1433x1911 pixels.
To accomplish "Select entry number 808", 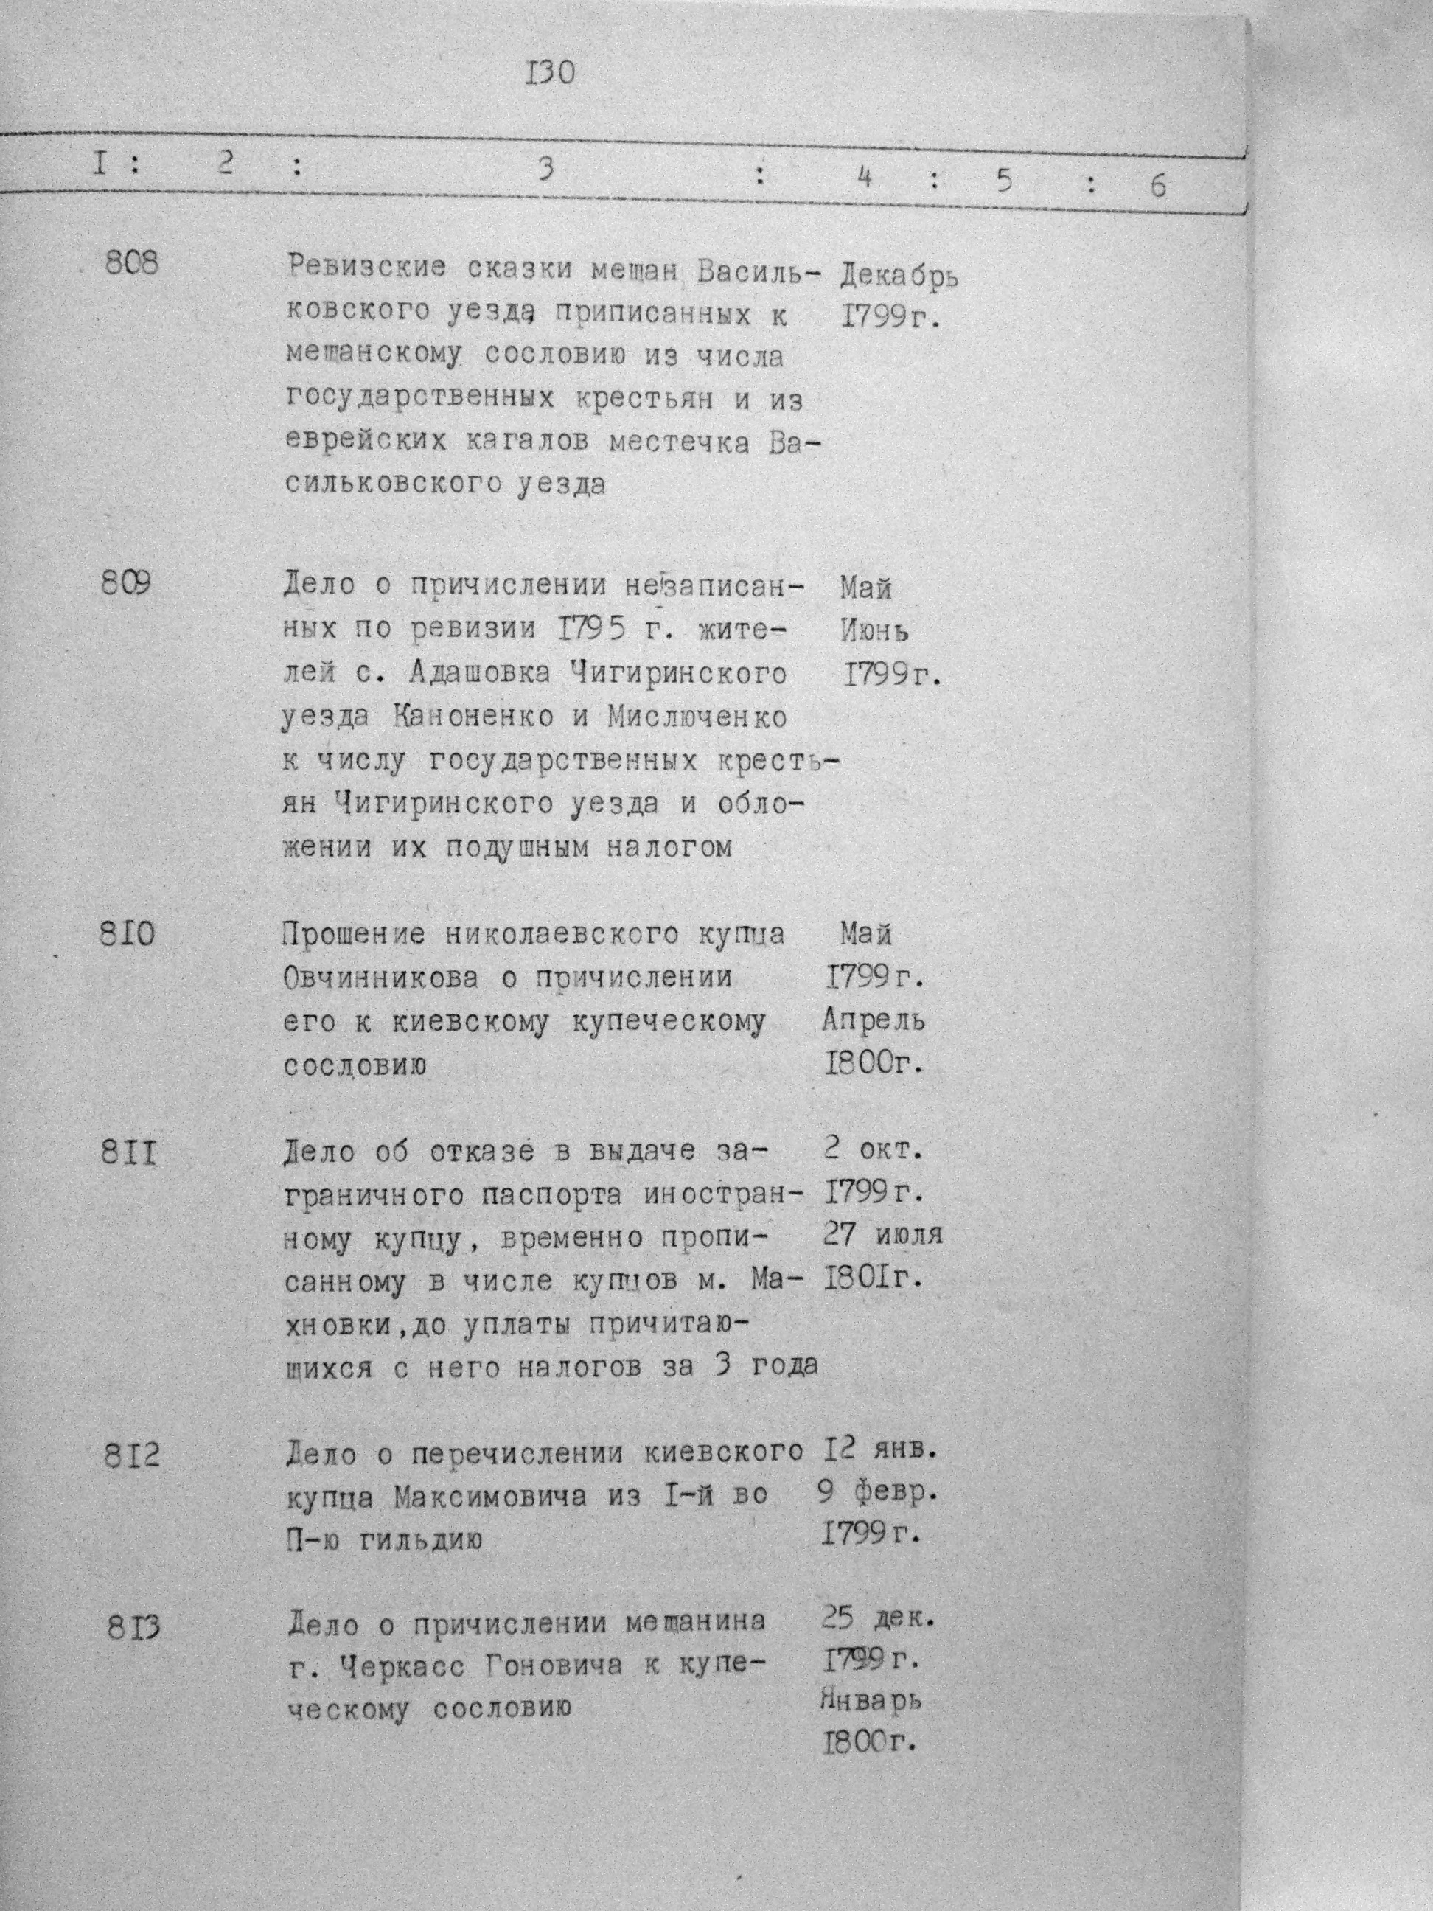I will (x=131, y=262).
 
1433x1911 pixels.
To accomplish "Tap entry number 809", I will (x=126, y=584).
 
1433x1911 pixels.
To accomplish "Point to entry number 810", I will (x=128, y=934).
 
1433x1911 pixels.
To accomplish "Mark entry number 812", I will (x=131, y=1458).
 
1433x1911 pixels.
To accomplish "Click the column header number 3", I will (x=544, y=170).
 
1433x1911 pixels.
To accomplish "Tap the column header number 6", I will (x=1157, y=185).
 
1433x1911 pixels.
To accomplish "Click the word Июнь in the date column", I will (x=874, y=630).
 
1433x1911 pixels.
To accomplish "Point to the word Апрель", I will (x=873, y=1020).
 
